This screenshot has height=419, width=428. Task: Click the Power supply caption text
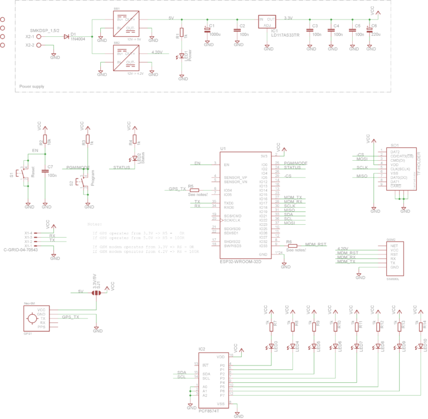point(32,86)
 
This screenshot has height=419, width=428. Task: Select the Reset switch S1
point(21,174)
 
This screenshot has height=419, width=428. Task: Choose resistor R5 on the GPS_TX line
point(194,190)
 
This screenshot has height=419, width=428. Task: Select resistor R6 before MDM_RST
point(293,245)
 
